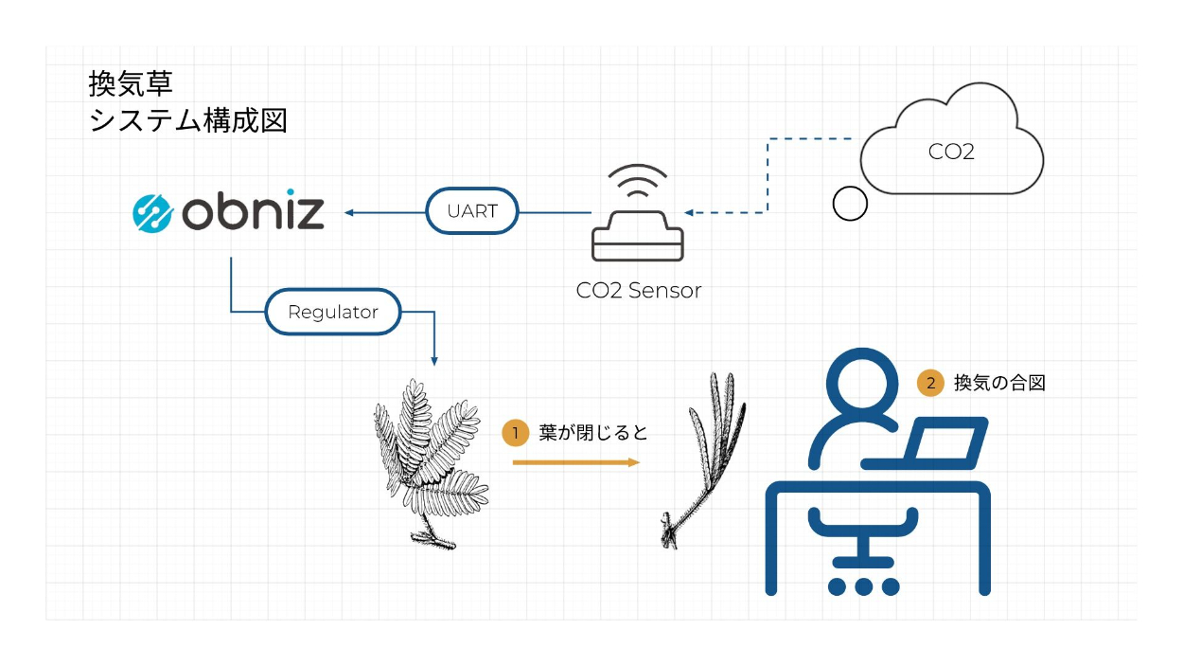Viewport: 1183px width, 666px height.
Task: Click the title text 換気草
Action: point(131,84)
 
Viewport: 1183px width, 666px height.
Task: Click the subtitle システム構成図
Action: point(187,121)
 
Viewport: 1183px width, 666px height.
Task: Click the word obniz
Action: point(252,212)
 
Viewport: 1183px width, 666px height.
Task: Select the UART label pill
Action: point(472,212)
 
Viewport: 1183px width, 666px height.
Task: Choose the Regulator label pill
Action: point(332,312)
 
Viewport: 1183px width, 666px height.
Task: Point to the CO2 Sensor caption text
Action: point(639,291)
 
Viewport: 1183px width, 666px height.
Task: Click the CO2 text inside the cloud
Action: point(951,152)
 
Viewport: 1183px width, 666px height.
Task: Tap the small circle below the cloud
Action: point(849,204)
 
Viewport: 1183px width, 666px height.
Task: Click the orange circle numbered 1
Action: point(515,433)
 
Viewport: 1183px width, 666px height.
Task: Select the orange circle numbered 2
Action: point(930,383)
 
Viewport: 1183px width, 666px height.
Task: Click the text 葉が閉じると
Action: point(593,433)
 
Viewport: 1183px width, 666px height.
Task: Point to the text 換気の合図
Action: point(999,383)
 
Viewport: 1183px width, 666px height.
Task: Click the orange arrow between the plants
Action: point(575,462)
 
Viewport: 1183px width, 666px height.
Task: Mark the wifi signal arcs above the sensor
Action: point(636,181)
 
